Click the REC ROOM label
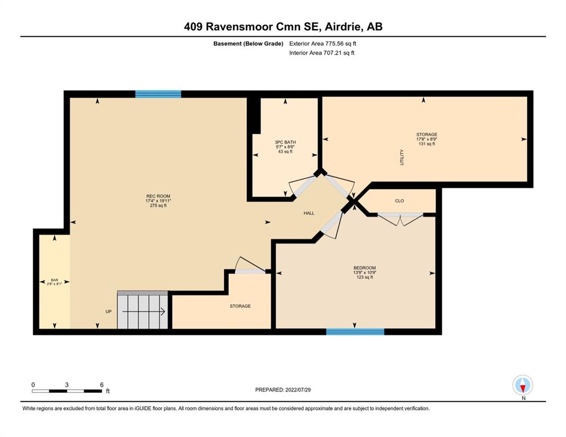(x=158, y=196)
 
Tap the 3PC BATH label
(x=285, y=142)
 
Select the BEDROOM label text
(x=365, y=268)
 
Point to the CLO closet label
(x=399, y=201)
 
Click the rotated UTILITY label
(x=402, y=158)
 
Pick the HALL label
(x=308, y=213)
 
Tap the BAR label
(x=55, y=280)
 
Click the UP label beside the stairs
(x=108, y=312)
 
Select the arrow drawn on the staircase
(x=144, y=312)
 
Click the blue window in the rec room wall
(x=158, y=94)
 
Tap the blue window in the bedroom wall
(x=355, y=332)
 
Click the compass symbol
(x=523, y=385)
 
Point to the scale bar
(x=67, y=391)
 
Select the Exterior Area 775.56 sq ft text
(x=323, y=44)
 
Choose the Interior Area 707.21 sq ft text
(x=321, y=53)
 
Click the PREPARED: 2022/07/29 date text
(x=283, y=390)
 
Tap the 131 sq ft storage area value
(x=427, y=144)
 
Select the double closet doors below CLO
(x=400, y=218)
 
